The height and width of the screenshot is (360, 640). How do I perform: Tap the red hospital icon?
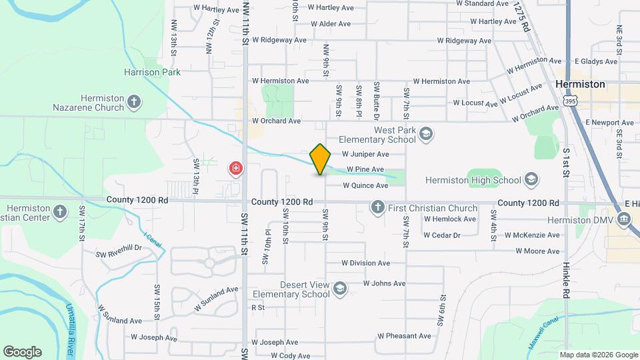point(235,168)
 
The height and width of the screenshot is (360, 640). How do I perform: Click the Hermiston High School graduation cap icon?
point(531,179)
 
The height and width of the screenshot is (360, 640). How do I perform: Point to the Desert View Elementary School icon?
point(339,289)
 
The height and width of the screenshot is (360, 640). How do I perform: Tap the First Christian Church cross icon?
point(378,208)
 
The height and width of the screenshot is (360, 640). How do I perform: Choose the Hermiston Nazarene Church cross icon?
point(135,102)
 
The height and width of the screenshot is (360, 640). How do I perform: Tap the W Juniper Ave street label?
point(365,153)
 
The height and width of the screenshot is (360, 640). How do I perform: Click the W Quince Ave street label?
point(365,185)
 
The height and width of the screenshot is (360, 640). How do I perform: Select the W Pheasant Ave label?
point(404,336)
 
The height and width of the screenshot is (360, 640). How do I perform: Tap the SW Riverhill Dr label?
point(119,251)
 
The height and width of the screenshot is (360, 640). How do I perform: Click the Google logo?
point(22,352)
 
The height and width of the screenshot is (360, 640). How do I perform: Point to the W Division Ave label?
point(365,263)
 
